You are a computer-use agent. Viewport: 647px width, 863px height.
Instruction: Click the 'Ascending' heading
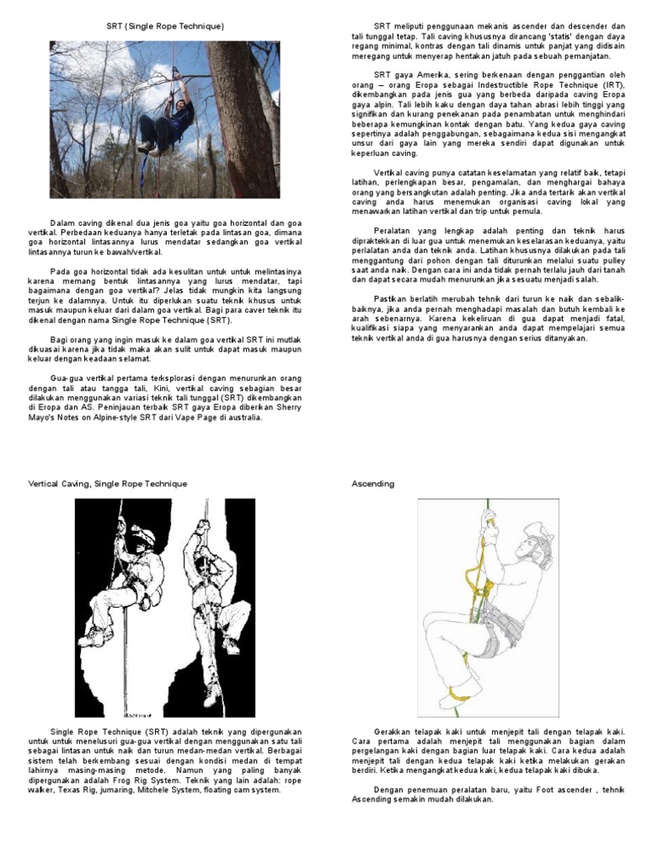click(372, 484)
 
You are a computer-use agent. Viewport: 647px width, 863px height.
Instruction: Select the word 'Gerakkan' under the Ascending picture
click(393, 732)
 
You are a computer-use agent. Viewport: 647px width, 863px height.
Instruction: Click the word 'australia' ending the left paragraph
click(244, 416)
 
